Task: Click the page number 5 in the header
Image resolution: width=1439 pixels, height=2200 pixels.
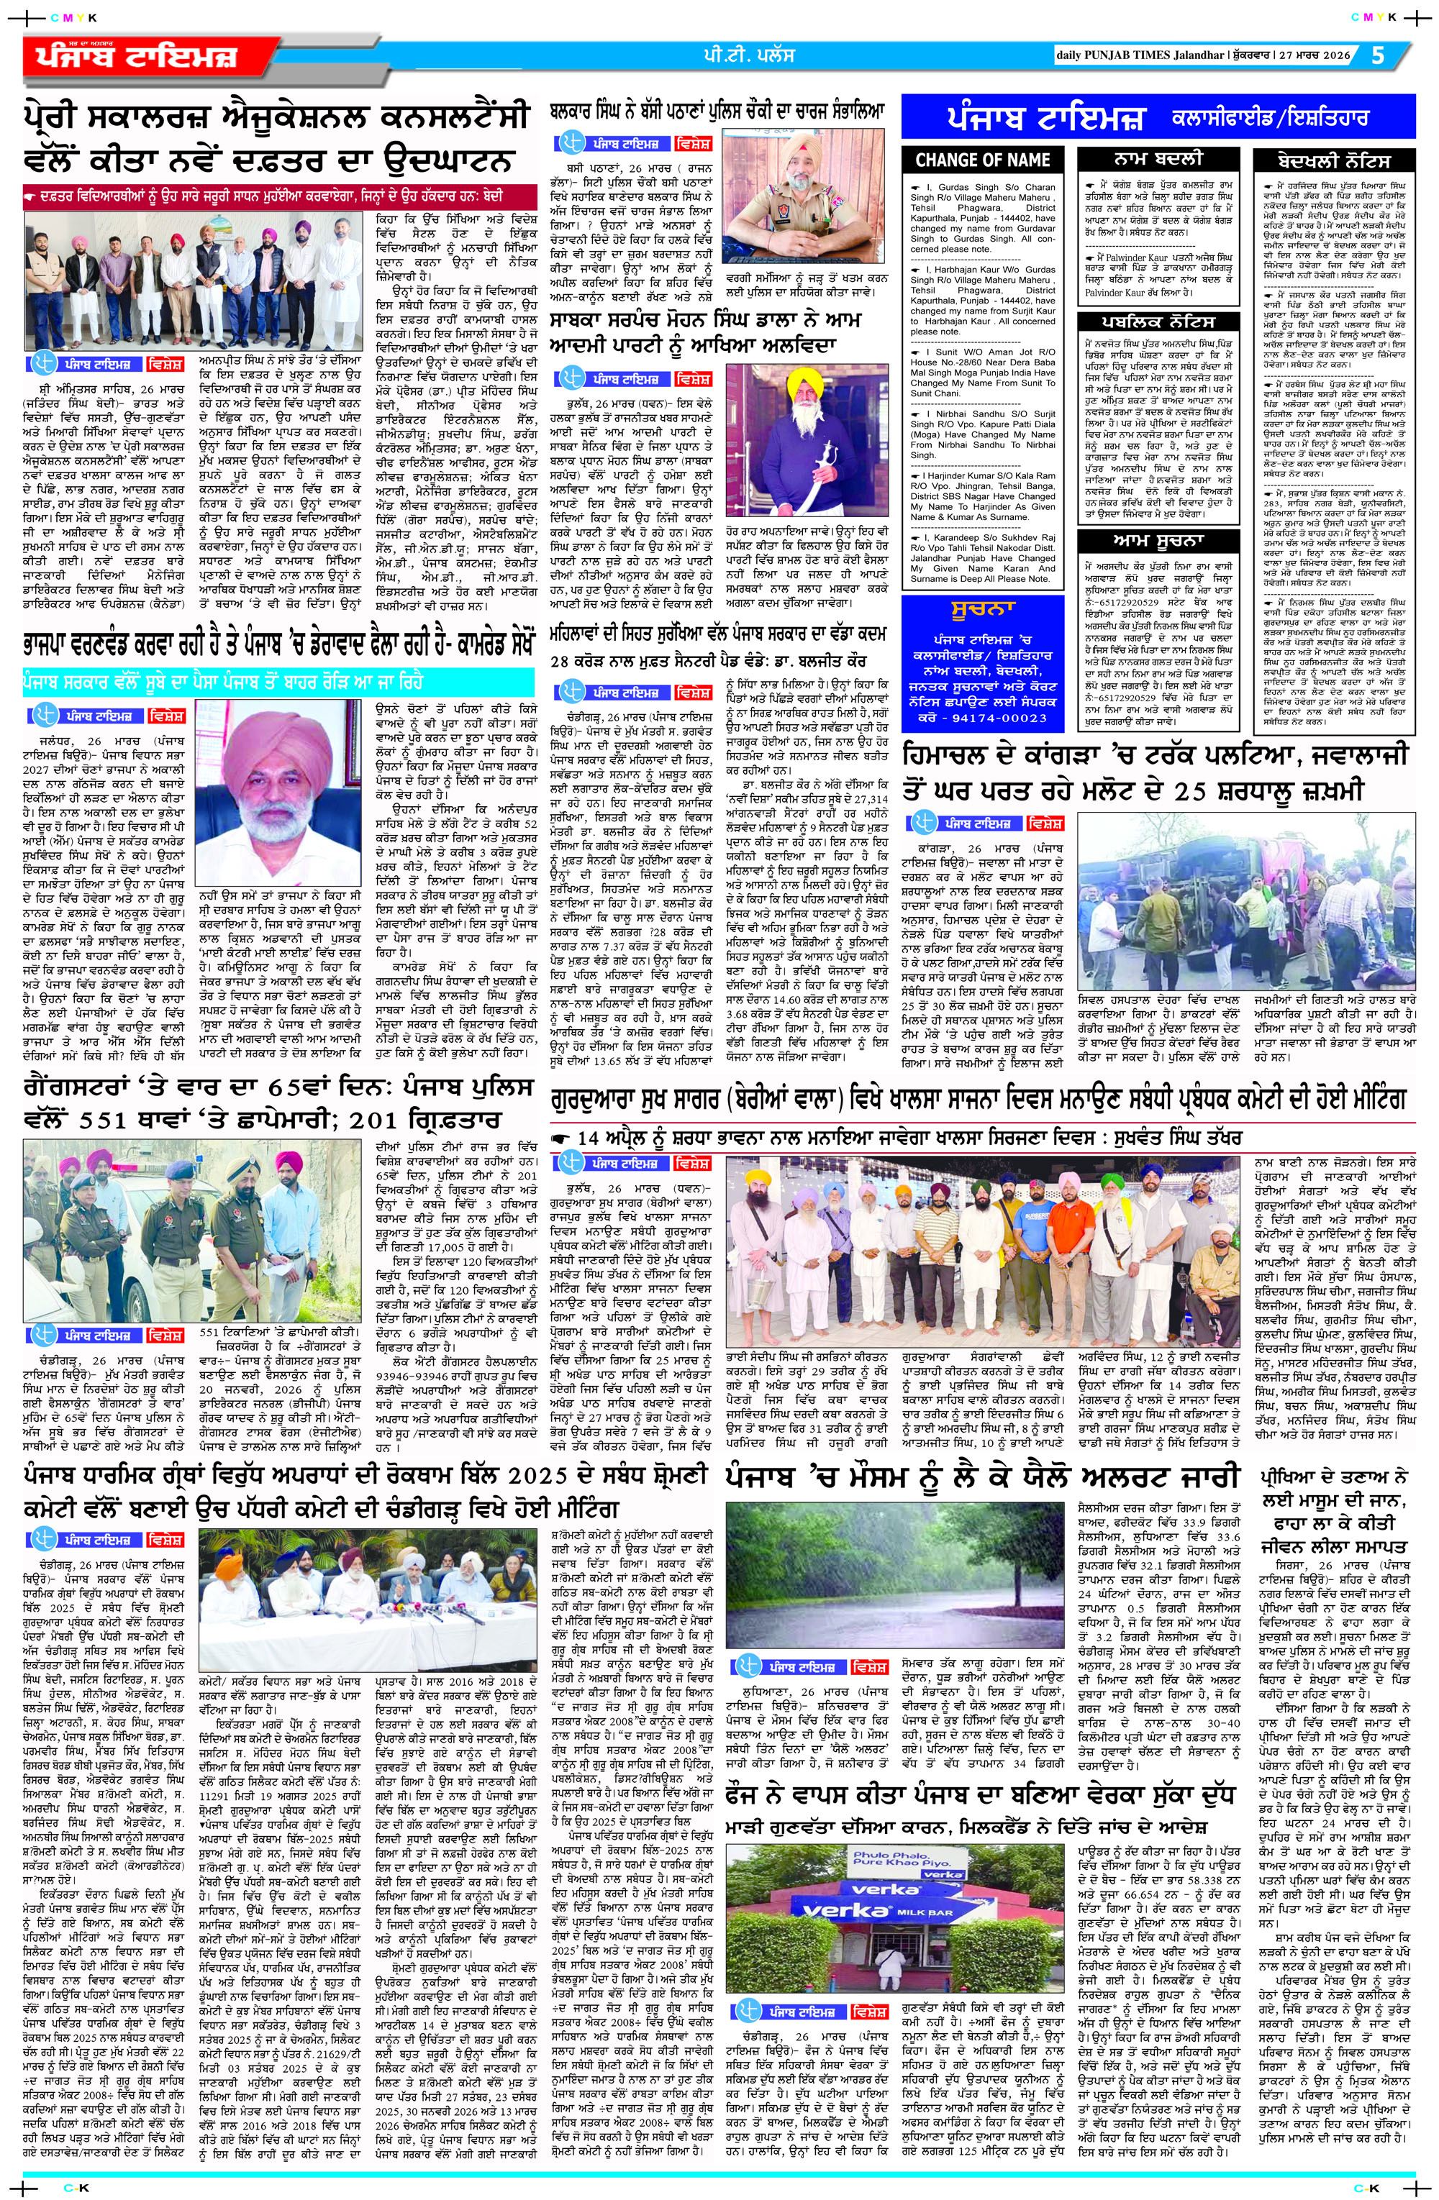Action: click(1379, 56)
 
